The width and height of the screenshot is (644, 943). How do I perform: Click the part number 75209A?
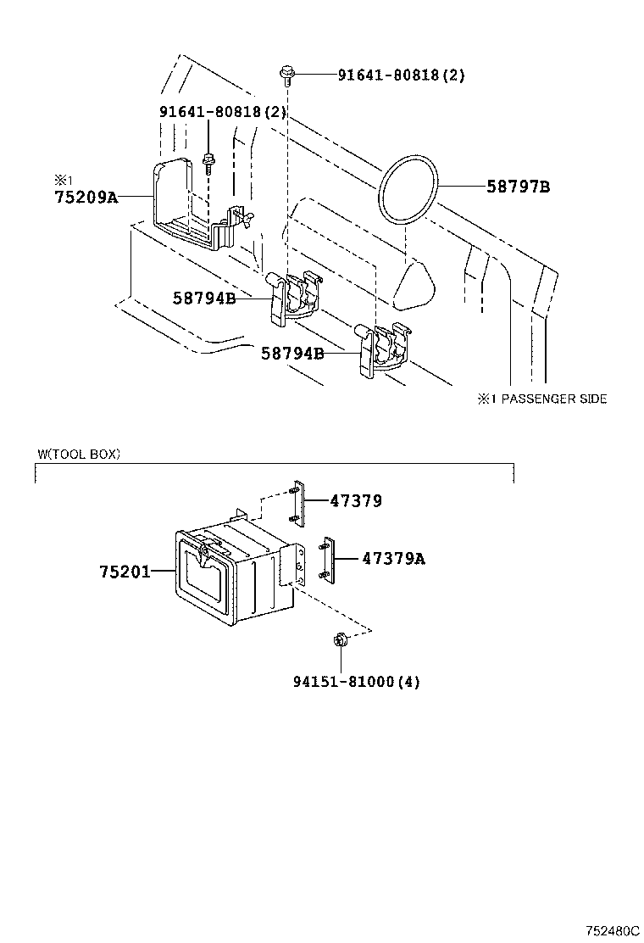click(86, 197)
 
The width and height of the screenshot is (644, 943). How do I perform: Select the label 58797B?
click(518, 187)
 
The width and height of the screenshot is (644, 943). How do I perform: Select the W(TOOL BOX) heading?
click(78, 454)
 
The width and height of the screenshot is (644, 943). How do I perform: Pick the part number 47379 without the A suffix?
click(356, 501)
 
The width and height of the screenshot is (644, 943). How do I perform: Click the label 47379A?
click(393, 558)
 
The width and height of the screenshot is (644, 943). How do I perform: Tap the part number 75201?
click(125, 572)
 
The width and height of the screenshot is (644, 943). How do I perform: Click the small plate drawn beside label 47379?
click(297, 501)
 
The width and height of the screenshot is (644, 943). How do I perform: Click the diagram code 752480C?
click(610, 930)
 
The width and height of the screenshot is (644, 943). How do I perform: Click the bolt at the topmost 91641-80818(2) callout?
click(286, 76)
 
